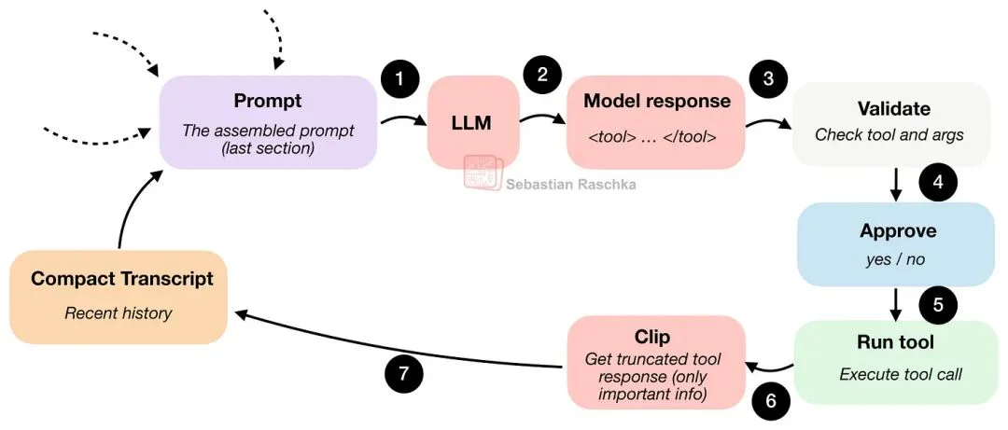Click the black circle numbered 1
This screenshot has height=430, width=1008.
pyautogui.click(x=399, y=78)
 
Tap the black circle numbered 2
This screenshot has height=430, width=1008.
pyautogui.click(x=541, y=74)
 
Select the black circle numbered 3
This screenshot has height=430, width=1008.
pyautogui.click(x=768, y=78)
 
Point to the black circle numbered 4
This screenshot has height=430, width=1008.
pyautogui.click(x=938, y=183)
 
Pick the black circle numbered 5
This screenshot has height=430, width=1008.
pyautogui.click(x=938, y=303)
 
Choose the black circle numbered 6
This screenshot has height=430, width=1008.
pyautogui.click(x=771, y=400)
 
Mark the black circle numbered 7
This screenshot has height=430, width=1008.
pyautogui.click(x=403, y=374)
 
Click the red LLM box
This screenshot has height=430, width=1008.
pyautogui.click(x=473, y=122)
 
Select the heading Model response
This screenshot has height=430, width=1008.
pyautogui.click(x=656, y=101)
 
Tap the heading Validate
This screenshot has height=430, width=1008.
pyautogui.click(x=893, y=109)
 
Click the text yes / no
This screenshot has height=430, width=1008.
pyautogui.click(x=894, y=259)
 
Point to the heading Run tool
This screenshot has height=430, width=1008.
pyautogui.click(x=894, y=341)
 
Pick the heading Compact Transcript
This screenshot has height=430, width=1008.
pyautogui.click(x=122, y=279)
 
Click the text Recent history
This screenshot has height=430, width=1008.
pyautogui.click(x=119, y=313)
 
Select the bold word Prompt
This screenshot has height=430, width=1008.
pyautogui.click(x=268, y=100)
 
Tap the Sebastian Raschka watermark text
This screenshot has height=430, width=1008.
pyautogui.click(x=571, y=185)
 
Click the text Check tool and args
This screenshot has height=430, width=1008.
pyautogui.click(x=889, y=134)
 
